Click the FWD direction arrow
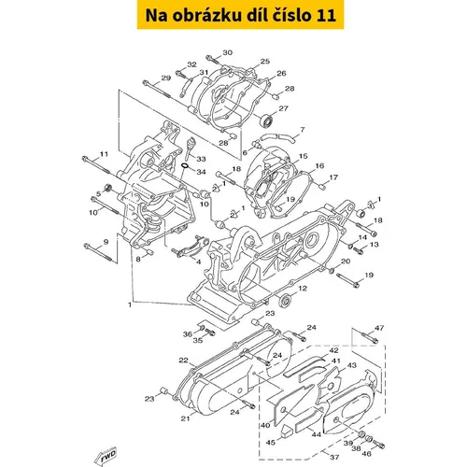click(x=106, y=457)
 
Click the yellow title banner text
click(x=241, y=15)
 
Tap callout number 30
click(x=228, y=52)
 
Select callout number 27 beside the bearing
click(x=283, y=108)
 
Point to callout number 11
click(x=104, y=154)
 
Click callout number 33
click(x=201, y=159)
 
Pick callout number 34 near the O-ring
click(x=201, y=172)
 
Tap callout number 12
click(x=303, y=289)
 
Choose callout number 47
click(x=379, y=328)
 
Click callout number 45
click(x=271, y=442)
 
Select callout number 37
click(x=334, y=457)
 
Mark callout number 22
click(x=183, y=361)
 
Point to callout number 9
click(x=106, y=242)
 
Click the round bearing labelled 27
click(x=267, y=120)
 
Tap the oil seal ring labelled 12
click(x=285, y=300)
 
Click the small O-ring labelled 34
click(x=185, y=165)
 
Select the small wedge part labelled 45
click(x=287, y=432)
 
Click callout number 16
click(x=319, y=166)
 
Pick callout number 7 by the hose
click(x=303, y=130)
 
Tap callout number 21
click(x=185, y=418)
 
